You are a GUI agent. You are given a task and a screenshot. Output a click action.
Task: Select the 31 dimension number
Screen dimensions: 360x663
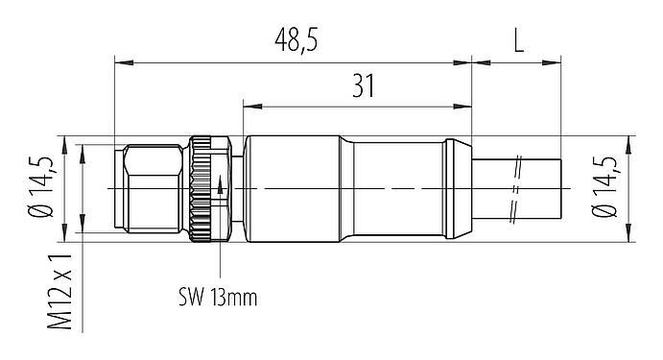361,86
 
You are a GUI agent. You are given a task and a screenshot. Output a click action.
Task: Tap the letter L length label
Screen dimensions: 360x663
519,41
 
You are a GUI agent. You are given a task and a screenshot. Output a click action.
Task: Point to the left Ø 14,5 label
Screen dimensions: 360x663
41,189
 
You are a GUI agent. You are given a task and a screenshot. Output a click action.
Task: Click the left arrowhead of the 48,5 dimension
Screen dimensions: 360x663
119,64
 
